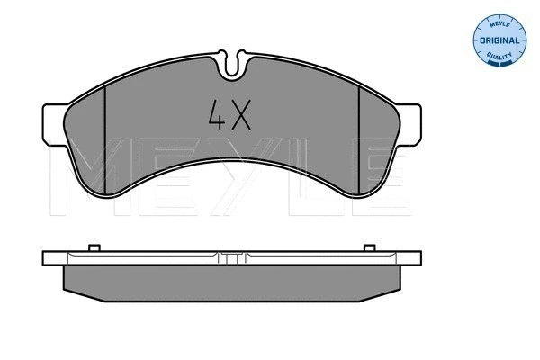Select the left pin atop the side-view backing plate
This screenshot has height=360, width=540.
tap(93, 247)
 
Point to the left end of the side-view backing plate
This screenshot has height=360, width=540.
tap(48, 257)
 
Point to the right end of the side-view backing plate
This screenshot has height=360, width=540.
tap(418, 257)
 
